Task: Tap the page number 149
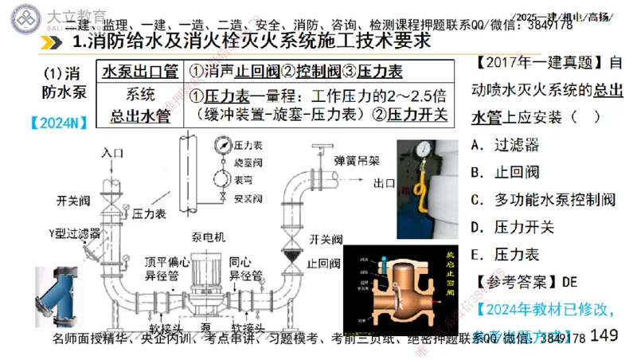coord(605,335)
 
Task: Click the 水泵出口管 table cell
coord(138,70)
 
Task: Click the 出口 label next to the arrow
coord(386,182)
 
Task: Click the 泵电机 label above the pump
coord(209,237)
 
